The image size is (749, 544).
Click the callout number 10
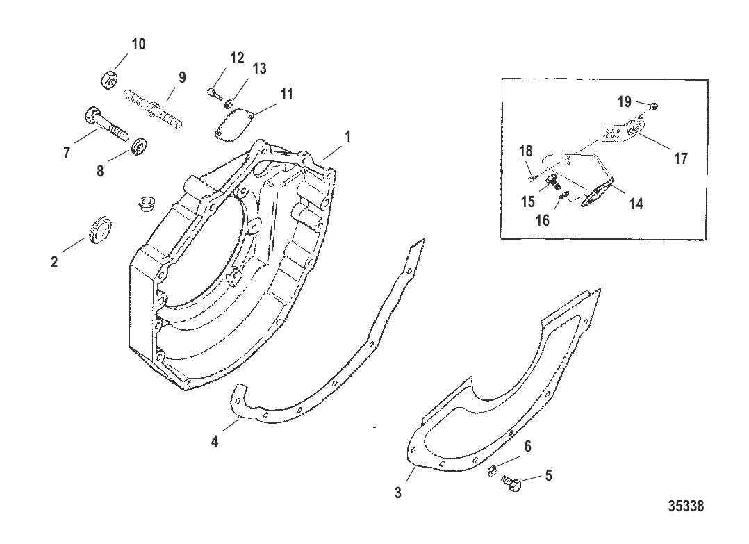(138, 44)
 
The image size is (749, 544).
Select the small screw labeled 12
(213, 91)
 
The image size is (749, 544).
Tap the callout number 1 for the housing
(347, 137)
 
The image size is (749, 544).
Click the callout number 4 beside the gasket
(215, 441)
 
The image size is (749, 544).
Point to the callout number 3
(398, 493)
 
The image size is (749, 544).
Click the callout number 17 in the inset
(680, 158)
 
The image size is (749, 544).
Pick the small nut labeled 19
(655, 105)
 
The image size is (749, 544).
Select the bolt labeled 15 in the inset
(554, 182)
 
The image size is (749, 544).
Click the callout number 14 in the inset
(636, 204)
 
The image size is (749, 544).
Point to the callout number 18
(525, 151)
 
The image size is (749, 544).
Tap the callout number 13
(259, 68)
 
